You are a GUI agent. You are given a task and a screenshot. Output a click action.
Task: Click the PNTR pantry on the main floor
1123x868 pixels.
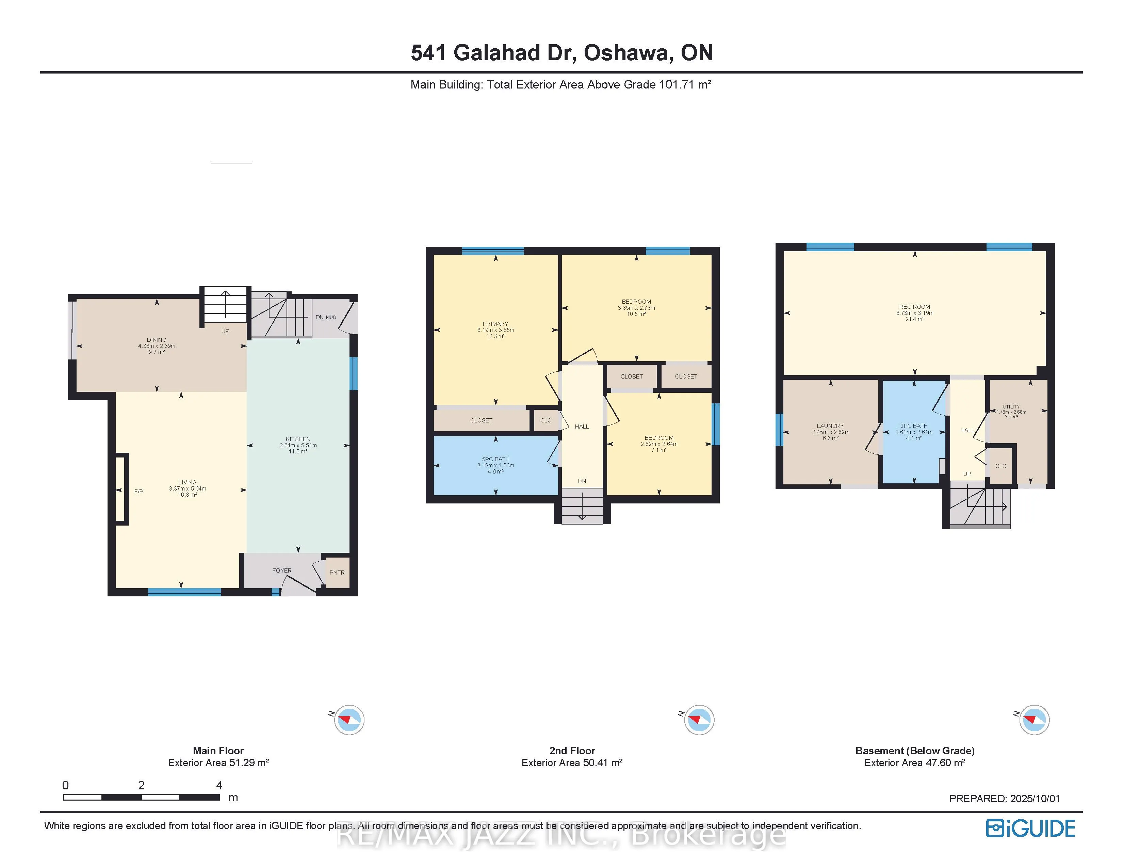point(337,572)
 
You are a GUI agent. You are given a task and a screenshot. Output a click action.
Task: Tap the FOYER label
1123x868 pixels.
point(282,570)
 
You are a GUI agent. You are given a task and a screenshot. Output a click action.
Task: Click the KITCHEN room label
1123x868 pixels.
point(298,439)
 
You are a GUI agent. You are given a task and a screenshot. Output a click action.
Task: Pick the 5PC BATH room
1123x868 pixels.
point(496,465)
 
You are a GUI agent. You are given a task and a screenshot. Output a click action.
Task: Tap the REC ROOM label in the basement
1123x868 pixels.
point(914,306)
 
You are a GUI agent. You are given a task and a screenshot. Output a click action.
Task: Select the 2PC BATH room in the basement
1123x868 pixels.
point(914,432)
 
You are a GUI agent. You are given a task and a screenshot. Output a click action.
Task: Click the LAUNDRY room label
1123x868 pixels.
point(830,426)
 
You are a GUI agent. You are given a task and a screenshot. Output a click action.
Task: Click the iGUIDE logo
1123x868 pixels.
point(1030,829)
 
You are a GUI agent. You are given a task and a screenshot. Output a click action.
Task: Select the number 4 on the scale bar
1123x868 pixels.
point(219,785)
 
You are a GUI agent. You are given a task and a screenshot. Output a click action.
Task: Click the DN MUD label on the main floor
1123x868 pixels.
point(325,317)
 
